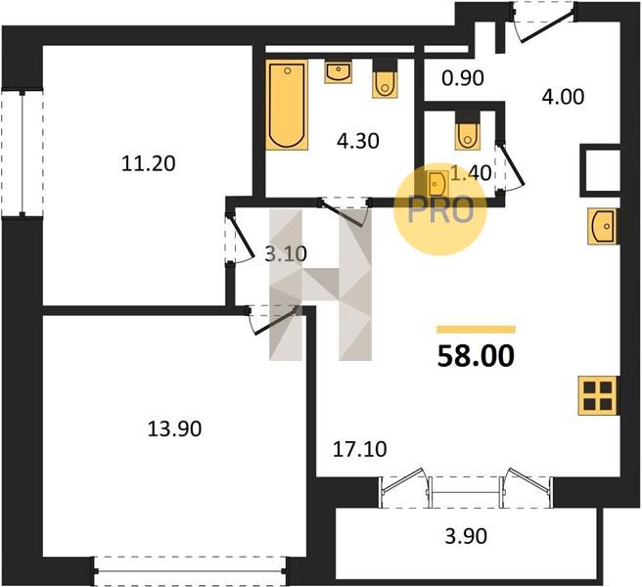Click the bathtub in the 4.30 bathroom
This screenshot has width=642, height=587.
tap(287, 106)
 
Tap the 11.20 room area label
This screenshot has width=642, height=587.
tap(149, 163)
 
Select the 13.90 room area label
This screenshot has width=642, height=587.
tap(174, 429)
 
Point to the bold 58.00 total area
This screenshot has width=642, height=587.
tap(476, 356)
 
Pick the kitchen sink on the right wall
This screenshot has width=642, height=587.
tap(603, 226)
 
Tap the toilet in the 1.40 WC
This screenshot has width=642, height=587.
tap(467, 130)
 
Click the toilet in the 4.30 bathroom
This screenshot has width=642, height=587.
tap(385, 79)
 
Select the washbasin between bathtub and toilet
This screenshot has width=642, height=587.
tap(339, 72)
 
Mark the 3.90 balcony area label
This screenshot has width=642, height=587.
tap(466, 536)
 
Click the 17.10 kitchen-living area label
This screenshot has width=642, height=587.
tap(359, 449)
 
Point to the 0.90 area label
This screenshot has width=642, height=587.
tap(463, 78)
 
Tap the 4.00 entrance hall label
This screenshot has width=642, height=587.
tap(563, 98)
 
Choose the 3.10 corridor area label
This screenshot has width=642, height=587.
tap(286, 254)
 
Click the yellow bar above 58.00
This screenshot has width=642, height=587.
tap(477, 330)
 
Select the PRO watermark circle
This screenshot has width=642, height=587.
tap(440, 209)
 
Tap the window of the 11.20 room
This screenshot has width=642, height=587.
tap(23, 153)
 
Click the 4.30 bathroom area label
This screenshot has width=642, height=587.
tap(358, 141)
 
